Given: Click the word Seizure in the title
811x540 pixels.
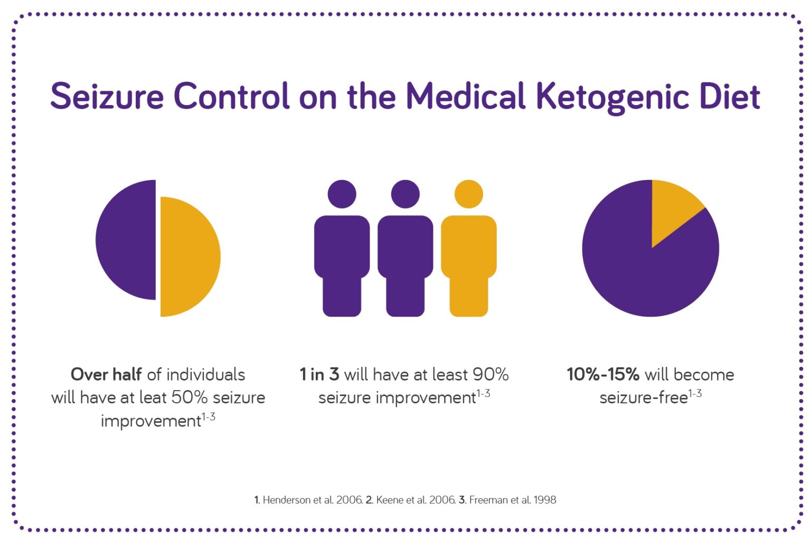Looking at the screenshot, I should coord(107,97).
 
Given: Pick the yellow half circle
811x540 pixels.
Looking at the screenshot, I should coord(189,257).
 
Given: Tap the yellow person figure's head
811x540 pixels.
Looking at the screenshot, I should coord(468,194).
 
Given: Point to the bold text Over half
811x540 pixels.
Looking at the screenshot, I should coord(106,374).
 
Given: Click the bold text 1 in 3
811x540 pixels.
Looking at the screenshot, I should coord(319,374).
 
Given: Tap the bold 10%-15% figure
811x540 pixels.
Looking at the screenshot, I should coord(602,374).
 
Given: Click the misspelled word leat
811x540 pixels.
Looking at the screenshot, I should coord(153,397).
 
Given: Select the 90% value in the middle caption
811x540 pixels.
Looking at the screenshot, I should coord(490,374).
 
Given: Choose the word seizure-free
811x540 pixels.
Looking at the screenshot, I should coord(643,397).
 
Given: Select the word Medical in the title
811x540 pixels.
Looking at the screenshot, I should coord(465,97).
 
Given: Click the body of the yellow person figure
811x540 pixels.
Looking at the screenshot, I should coord(468,264).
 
